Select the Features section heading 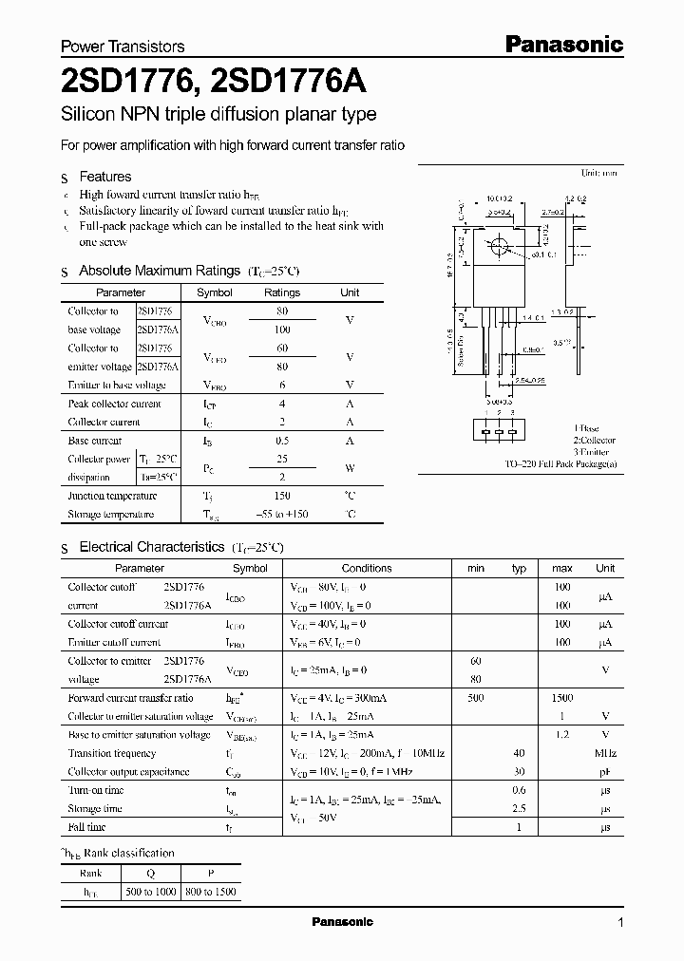coord(104,177)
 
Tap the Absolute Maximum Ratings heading coord(159,272)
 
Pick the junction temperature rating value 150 coord(281,496)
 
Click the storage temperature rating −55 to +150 coord(281,515)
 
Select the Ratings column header coord(281,293)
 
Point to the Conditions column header coord(366,569)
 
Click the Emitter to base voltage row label coord(117,385)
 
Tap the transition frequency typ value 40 coord(519,753)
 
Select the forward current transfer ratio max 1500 coord(561,698)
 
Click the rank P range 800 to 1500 coord(211,893)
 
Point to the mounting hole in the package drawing coord(498,250)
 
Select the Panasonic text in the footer coord(342,922)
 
